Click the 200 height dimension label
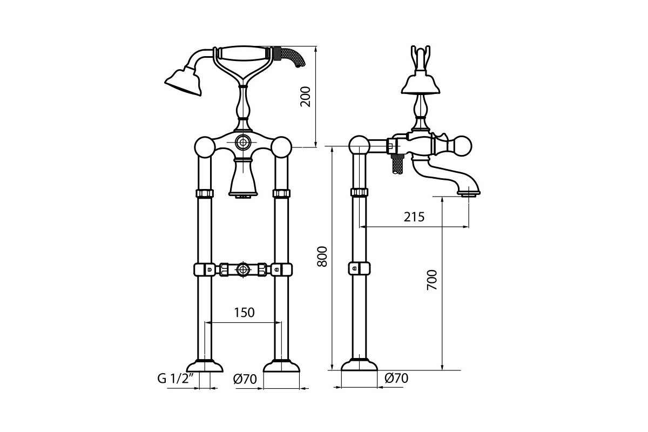(x=306, y=97)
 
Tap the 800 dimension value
(x=322, y=256)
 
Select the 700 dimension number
(x=432, y=280)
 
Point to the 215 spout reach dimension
(x=414, y=217)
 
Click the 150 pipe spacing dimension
(x=244, y=313)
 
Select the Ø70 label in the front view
(x=245, y=379)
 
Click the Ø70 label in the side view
(x=396, y=378)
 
